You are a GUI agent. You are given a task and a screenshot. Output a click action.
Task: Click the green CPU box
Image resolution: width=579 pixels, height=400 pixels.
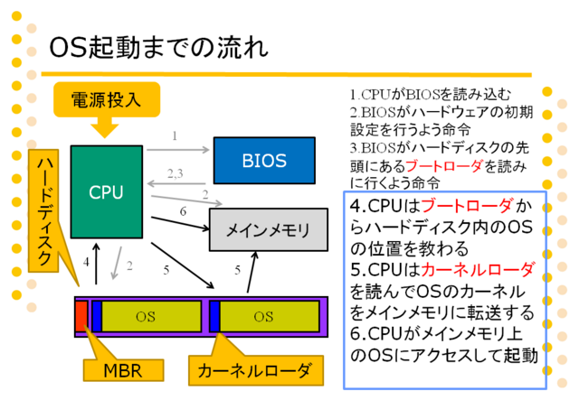[107, 191]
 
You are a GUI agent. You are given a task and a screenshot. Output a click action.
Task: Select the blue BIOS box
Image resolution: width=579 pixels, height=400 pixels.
[264, 161]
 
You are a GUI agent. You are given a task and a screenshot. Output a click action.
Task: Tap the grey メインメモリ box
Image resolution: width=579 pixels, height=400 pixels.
[269, 229]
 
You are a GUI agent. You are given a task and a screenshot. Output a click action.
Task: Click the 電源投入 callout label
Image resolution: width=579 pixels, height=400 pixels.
[107, 99]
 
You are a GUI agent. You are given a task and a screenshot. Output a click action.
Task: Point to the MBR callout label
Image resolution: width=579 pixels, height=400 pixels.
[123, 370]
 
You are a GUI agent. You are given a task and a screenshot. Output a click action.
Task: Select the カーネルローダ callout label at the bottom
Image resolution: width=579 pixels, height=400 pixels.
[255, 370]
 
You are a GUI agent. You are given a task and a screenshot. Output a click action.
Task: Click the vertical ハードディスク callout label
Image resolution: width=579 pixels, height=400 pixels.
[44, 211]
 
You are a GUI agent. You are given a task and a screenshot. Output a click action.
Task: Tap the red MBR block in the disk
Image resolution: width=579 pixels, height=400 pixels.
[81, 316]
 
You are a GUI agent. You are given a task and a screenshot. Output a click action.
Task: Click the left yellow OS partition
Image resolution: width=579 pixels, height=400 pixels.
[151, 316]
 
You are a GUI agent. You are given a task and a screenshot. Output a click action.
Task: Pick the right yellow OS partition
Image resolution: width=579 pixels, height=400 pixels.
[270, 316]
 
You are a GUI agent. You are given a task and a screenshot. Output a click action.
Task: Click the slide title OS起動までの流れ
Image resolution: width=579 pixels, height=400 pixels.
[159, 48]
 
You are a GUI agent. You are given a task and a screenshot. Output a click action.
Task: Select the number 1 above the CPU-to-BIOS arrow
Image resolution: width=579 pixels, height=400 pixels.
[175, 136]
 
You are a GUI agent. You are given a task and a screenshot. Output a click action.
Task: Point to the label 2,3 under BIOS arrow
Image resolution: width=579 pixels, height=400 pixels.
[175, 173]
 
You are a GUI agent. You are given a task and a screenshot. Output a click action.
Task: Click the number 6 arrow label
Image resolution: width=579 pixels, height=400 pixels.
[183, 211]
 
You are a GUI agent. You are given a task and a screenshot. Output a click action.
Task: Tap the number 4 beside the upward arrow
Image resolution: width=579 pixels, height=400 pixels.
[87, 262]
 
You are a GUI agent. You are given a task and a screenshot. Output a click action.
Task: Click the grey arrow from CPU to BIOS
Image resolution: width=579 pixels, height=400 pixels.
[178, 150]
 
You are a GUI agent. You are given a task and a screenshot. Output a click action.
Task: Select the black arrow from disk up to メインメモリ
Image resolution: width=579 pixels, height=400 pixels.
[252, 272]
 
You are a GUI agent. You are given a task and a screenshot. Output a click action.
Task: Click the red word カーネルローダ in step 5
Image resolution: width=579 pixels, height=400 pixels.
[478, 270]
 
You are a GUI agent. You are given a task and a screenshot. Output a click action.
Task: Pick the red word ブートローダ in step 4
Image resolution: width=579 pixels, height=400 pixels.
[467, 206]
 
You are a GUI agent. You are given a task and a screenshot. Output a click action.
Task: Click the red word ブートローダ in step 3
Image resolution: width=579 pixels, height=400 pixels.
[444, 166]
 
